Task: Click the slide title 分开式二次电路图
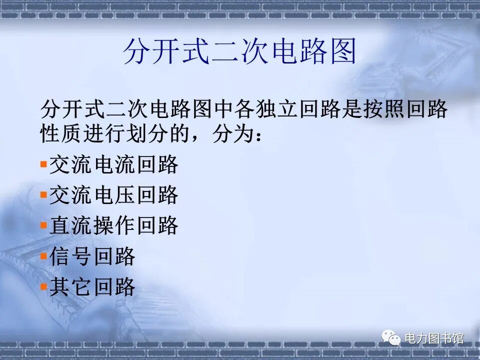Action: (239, 51)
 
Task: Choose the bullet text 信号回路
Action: (92, 256)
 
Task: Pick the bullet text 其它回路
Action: (92, 287)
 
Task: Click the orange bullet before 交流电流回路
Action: (43, 163)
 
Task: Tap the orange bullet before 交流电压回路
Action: (43, 194)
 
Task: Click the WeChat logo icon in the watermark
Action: (391, 338)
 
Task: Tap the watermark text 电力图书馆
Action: (433, 338)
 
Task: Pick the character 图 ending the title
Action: (342, 51)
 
